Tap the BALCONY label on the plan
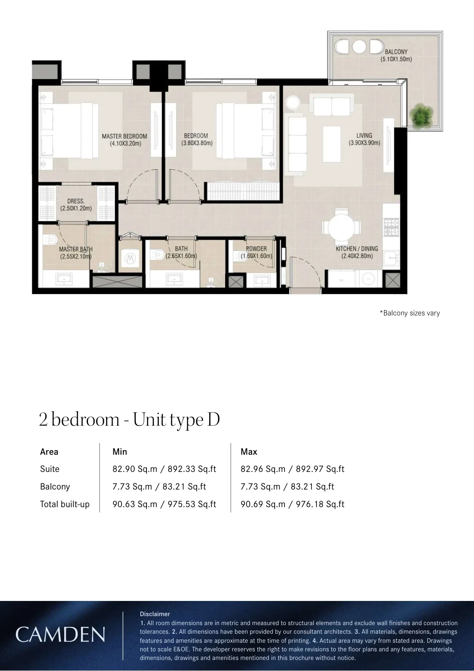tap(396, 52)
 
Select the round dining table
tap(341, 227)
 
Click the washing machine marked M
tap(130, 258)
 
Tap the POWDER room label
tap(256, 249)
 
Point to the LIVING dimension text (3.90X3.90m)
tap(364, 143)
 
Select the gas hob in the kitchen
tap(392, 227)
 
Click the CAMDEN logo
tap(60, 635)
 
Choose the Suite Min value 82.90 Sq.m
tap(135, 469)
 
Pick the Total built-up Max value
tap(292, 504)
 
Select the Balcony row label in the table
tap(55, 487)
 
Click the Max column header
tap(249, 451)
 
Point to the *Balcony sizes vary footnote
tap(410, 313)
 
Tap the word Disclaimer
tap(155, 614)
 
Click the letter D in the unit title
tap(213, 419)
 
